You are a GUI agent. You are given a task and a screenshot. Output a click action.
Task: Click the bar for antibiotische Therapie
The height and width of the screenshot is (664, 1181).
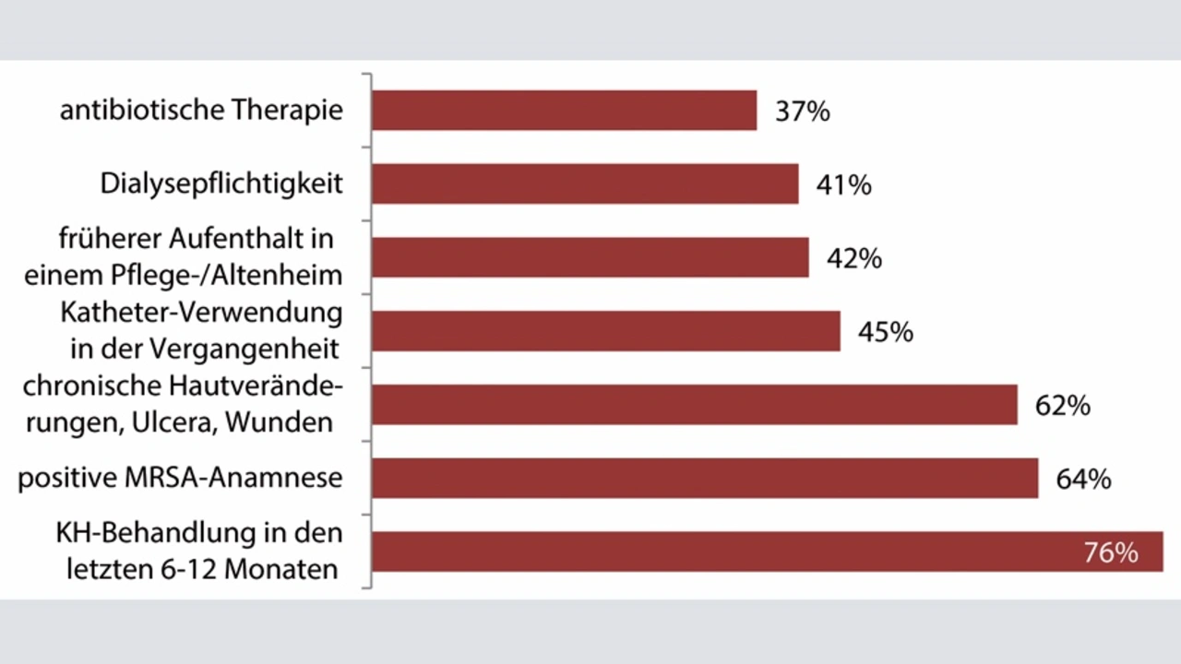pyautogui.click(x=564, y=111)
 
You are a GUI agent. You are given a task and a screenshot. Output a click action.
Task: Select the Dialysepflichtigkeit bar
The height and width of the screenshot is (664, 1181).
pyautogui.click(x=585, y=184)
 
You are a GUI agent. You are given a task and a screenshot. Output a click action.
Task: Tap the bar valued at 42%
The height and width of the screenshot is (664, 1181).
pyautogui.click(x=590, y=257)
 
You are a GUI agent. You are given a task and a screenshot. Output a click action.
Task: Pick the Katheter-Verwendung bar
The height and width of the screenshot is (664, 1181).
pyautogui.click(x=606, y=331)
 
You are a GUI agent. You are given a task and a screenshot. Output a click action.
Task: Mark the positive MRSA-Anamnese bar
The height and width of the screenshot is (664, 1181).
pyautogui.click(x=705, y=479)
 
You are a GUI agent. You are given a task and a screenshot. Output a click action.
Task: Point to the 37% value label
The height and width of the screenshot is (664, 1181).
pyautogui.click(x=802, y=112)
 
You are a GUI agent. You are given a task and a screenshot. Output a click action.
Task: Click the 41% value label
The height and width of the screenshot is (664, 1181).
pyautogui.click(x=843, y=184)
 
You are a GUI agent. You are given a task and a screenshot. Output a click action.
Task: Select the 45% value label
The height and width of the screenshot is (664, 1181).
pyautogui.click(x=885, y=332)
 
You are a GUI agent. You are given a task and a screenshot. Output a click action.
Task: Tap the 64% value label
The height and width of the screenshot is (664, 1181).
pyautogui.click(x=1083, y=480)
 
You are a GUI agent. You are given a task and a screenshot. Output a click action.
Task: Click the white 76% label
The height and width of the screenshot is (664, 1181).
pyautogui.click(x=1111, y=552)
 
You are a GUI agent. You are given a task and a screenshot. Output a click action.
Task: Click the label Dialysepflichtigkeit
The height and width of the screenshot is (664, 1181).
pyautogui.click(x=221, y=184)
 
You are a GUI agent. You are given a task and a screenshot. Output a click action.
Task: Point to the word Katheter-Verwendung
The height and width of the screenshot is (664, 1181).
pyautogui.click(x=201, y=313)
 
